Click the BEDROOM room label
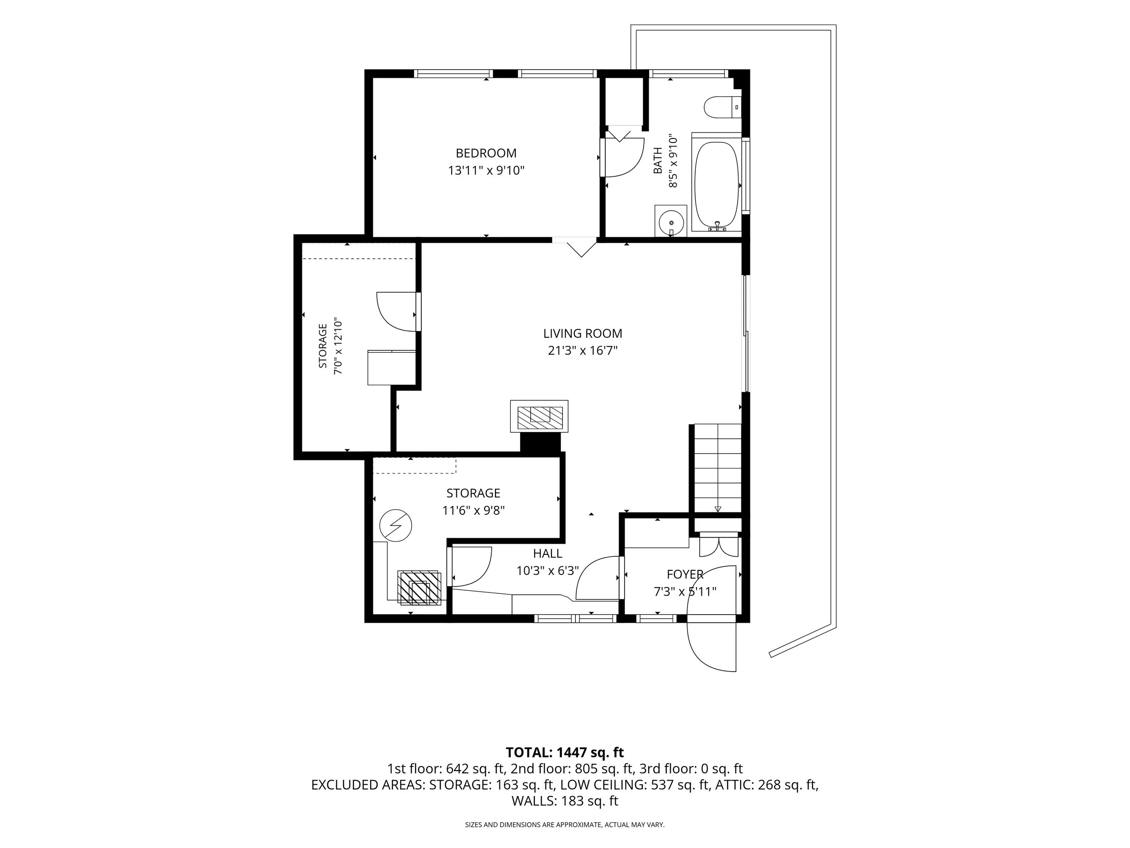pyautogui.click(x=486, y=153)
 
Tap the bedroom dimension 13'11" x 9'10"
pyautogui.click(x=486, y=170)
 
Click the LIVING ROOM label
pyautogui.click(x=583, y=333)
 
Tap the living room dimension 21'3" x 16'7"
pyautogui.click(x=583, y=351)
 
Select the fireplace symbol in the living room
pyautogui.click(x=539, y=417)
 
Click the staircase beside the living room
pyautogui.click(x=717, y=468)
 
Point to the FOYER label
pyautogui.click(x=685, y=574)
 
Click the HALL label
pyautogui.click(x=548, y=553)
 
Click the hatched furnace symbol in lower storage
pyautogui.click(x=419, y=587)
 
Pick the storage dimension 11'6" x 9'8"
pyautogui.click(x=474, y=510)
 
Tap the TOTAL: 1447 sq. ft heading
pyautogui.click(x=565, y=753)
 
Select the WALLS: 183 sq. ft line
pyautogui.click(x=565, y=801)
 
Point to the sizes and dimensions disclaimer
pyautogui.click(x=565, y=824)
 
